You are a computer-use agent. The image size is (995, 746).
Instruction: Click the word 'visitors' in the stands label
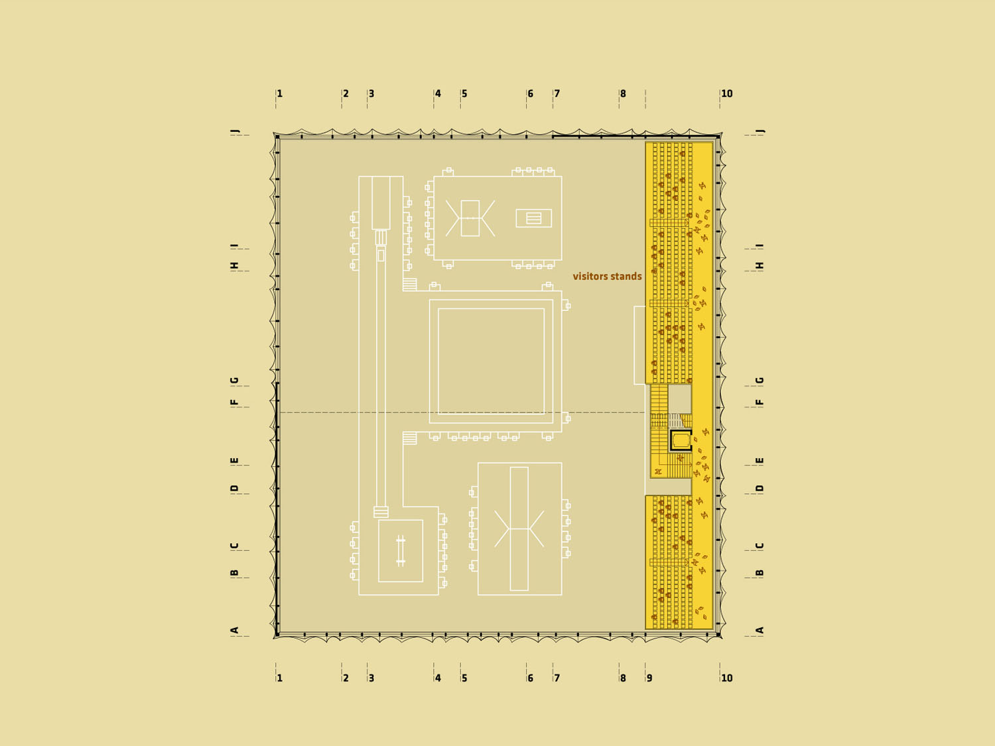pyautogui.click(x=589, y=277)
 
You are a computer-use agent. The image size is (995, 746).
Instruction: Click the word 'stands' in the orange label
pyautogui.click(x=626, y=277)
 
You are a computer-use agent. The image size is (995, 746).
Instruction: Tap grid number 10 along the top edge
pyautogui.click(x=726, y=93)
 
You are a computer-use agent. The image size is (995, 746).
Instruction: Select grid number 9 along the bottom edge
pyautogui.click(x=649, y=678)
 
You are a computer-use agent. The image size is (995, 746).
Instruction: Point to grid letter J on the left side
pyautogui.click(x=234, y=131)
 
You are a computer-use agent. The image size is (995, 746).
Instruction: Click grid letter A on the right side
pyautogui.click(x=760, y=630)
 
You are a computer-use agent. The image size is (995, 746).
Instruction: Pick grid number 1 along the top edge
pyautogui.click(x=280, y=93)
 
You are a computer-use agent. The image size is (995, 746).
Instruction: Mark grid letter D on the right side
pyautogui.click(x=760, y=488)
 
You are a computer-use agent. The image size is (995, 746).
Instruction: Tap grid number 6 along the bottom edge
pyautogui.click(x=531, y=678)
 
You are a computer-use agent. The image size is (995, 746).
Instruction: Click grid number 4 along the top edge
pyautogui.click(x=438, y=93)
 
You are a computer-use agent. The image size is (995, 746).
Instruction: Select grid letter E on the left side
pyautogui.click(x=234, y=461)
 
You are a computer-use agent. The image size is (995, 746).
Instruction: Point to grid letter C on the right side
pyautogui.click(x=760, y=546)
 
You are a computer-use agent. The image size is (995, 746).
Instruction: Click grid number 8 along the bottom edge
pyautogui.click(x=623, y=678)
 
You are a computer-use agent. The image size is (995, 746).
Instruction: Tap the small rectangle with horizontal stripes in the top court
pyautogui.click(x=533, y=218)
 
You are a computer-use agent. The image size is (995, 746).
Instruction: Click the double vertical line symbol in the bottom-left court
pyautogui.click(x=401, y=551)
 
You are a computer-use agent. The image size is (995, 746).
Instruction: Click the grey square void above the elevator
pyautogui.click(x=679, y=399)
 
